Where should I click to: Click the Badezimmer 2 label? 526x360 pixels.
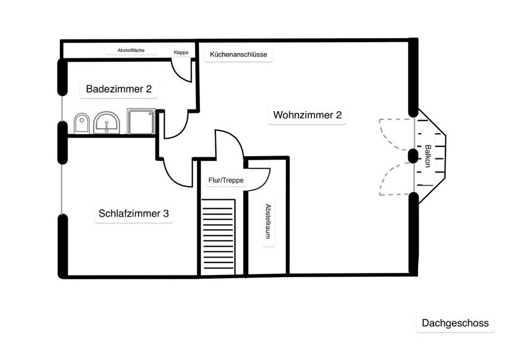(x=119, y=89)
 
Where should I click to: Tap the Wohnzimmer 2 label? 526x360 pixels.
(x=307, y=115)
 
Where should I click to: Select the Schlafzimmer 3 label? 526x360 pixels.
(x=133, y=214)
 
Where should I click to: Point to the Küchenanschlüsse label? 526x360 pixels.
(x=238, y=55)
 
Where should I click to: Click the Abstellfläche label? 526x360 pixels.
(x=131, y=51)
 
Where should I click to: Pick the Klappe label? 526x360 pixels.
(x=181, y=53)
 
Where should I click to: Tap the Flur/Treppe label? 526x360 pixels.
(x=226, y=180)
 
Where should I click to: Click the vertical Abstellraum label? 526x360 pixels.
(x=268, y=221)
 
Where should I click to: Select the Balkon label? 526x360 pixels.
(x=428, y=156)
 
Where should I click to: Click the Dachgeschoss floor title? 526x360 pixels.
(x=455, y=323)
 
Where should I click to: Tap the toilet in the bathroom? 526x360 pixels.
(x=82, y=123)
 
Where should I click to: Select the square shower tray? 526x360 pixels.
(x=141, y=121)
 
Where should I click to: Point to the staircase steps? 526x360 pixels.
(x=218, y=237)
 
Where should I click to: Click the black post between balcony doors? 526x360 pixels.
(x=413, y=156)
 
